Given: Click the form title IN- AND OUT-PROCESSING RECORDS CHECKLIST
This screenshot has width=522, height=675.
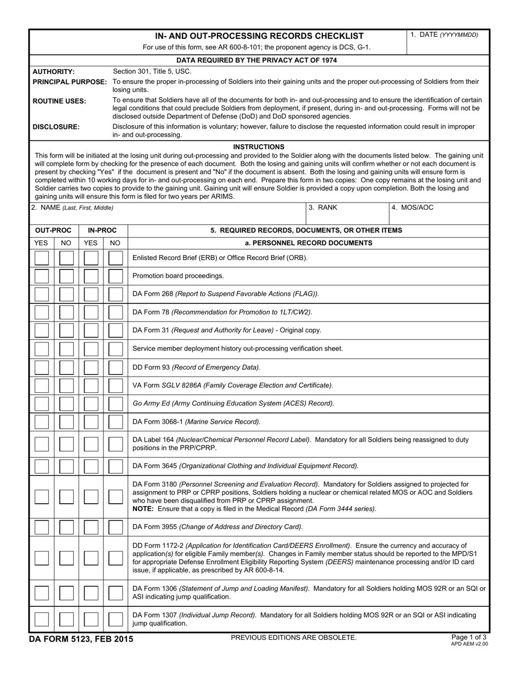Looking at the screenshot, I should coord(259,36).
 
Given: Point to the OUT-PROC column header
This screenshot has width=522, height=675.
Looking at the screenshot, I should coord(53,230).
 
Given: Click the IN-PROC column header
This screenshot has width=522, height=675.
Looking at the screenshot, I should coord(103,230).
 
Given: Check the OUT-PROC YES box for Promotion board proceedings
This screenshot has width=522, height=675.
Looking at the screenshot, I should coord(41,276).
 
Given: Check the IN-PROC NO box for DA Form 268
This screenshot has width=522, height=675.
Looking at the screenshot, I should coord(115,294).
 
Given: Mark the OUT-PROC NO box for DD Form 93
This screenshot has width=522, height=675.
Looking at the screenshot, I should coord(66,367).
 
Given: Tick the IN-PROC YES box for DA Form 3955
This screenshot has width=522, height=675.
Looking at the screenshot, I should coord(91,527).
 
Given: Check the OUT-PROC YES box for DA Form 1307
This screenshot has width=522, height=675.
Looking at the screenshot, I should coord(41,620).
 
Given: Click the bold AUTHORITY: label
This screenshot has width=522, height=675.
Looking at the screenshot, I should coord(53,71).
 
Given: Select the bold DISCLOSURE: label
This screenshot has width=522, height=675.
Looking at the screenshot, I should coord(56,127).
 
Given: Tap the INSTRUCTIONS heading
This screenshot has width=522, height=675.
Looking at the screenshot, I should coord(259,147).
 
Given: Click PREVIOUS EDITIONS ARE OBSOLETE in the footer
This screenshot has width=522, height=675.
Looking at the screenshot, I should coord(293,637).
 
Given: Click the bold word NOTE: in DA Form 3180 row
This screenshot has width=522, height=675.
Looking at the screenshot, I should coord(144,509).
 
